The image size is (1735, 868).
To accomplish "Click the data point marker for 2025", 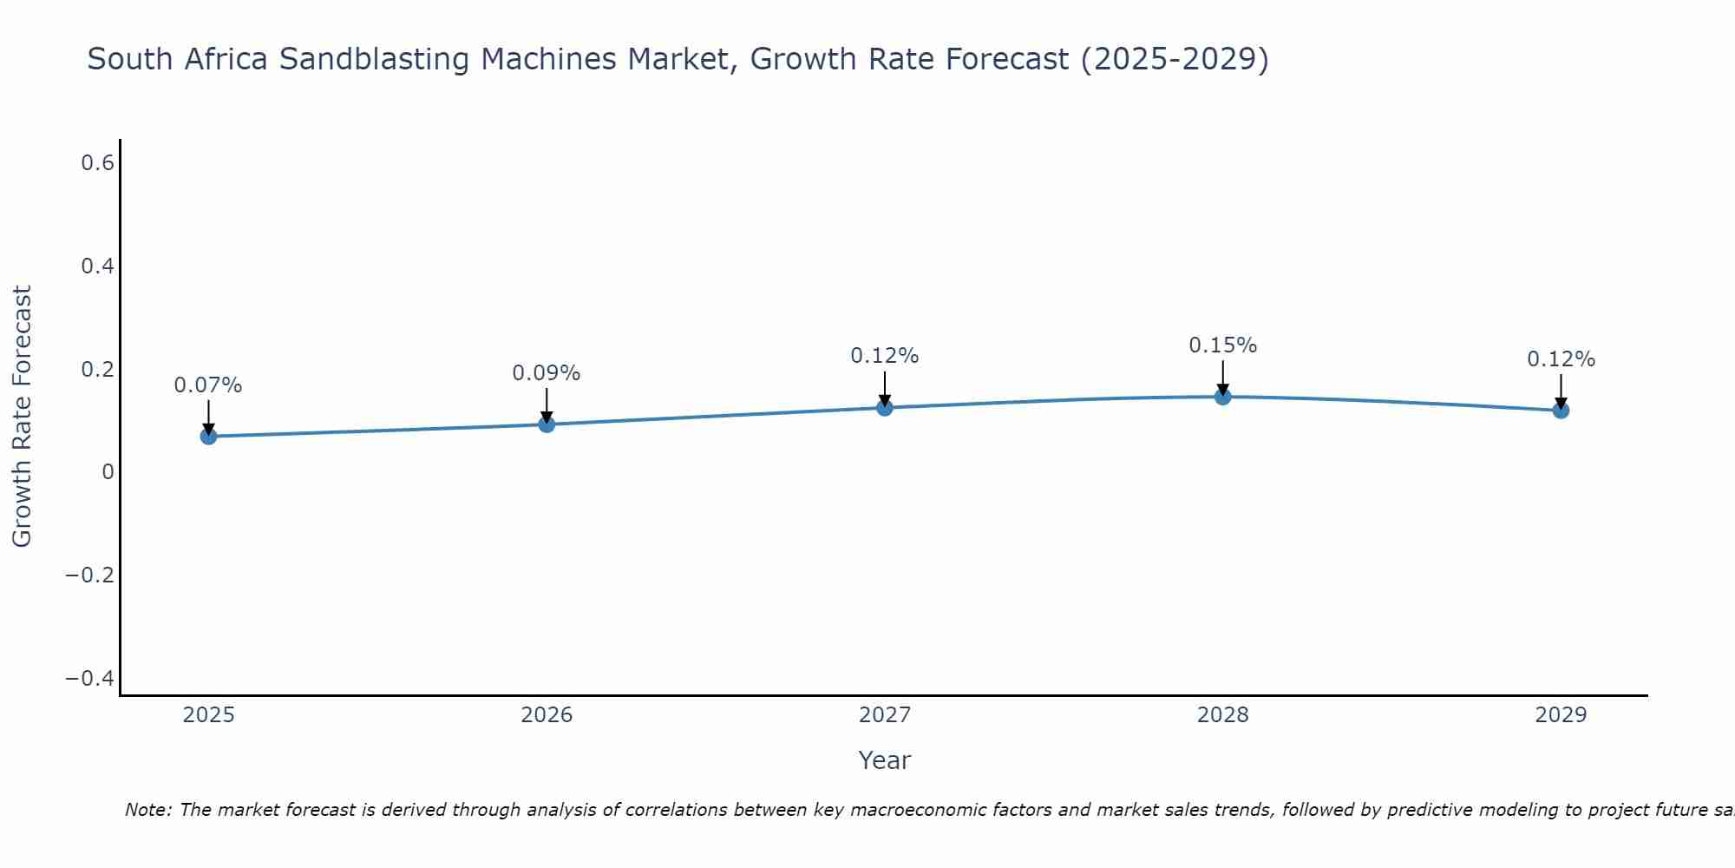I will pyautogui.click(x=208, y=436).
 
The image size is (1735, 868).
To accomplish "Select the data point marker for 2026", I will pyautogui.click(x=547, y=424).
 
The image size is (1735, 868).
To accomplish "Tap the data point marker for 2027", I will pyautogui.click(x=885, y=407).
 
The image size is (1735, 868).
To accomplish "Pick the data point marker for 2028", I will pyautogui.click(x=1223, y=397).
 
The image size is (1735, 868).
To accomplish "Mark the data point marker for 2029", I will pyautogui.click(x=1561, y=410).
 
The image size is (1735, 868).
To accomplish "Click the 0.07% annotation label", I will pyautogui.click(x=208, y=385).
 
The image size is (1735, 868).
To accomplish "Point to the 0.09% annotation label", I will pyautogui.click(x=547, y=373).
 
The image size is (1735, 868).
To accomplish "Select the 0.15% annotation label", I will pyautogui.click(x=1223, y=345).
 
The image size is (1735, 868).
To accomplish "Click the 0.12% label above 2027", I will pyautogui.click(x=885, y=356).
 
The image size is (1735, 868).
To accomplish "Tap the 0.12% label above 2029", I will pyautogui.click(x=1561, y=359).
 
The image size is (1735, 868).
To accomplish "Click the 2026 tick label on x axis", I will pyautogui.click(x=547, y=715).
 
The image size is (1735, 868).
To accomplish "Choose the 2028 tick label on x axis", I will pyautogui.click(x=1223, y=715).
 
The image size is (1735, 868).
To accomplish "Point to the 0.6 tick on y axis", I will pyautogui.click(x=98, y=163).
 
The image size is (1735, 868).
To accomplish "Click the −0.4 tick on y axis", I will pyautogui.click(x=90, y=678).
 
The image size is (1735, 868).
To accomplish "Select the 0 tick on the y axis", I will pyautogui.click(x=108, y=472).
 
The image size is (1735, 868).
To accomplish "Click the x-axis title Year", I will pyautogui.click(x=884, y=760).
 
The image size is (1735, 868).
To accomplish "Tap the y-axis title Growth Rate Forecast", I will pyautogui.click(x=22, y=417).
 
